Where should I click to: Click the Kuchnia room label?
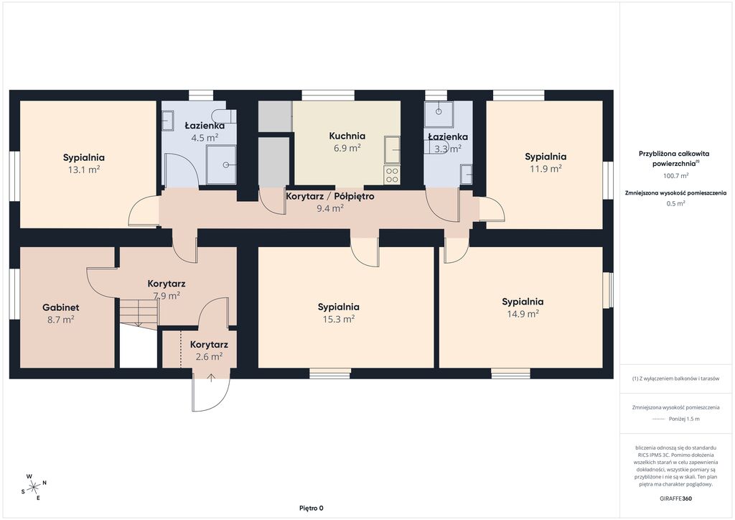pos(347,136)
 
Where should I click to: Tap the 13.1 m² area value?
pos(84,170)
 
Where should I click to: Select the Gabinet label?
pos(60,307)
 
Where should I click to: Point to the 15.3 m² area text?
pos(339,319)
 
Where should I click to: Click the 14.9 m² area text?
pos(523,314)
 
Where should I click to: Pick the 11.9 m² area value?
pos(546,168)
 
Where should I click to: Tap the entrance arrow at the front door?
pos(211,378)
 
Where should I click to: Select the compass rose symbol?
pos(34,488)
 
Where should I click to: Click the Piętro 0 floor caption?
pos(312,508)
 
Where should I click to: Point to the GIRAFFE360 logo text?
pos(675,498)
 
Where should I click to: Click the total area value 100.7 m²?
pos(675,176)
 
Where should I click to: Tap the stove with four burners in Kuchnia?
pos(392,175)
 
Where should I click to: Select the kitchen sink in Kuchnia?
pos(393,150)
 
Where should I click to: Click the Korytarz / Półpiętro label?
pos(330,196)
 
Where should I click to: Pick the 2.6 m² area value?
pos(209,356)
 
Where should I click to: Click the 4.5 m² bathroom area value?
pos(205,138)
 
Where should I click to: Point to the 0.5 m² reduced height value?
pos(675,203)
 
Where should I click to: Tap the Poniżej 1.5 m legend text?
pos(684,419)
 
